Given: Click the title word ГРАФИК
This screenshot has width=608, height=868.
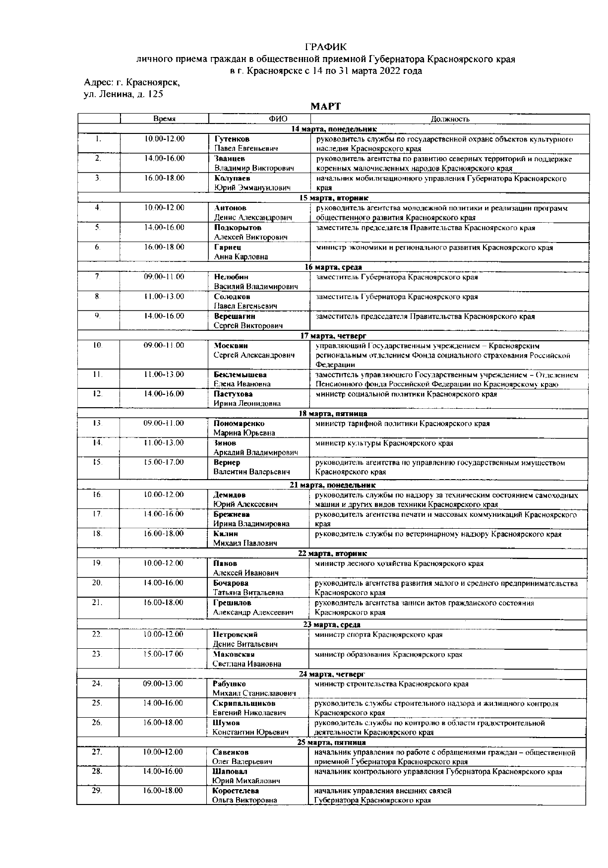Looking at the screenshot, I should [x=325, y=47].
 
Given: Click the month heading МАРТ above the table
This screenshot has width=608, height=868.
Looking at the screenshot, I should [x=325, y=106].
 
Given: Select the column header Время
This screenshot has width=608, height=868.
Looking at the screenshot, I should [x=164, y=119].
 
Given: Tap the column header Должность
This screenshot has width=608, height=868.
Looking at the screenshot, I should [x=450, y=119].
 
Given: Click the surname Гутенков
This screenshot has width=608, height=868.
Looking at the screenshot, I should [x=232, y=139].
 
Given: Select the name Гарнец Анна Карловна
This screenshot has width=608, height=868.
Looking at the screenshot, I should [x=241, y=252].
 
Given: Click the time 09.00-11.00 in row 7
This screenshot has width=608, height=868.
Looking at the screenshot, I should [x=164, y=277].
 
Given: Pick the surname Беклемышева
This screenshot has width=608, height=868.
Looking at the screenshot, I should [x=240, y=375].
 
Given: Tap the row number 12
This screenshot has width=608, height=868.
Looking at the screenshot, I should [x=98, y=394].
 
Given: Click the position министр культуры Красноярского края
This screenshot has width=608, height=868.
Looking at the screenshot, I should [x=384, y=443].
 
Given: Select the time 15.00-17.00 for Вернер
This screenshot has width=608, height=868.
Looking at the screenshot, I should [x=164, y=462].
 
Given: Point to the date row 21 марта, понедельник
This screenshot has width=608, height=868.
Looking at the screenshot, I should [x=332, y=485].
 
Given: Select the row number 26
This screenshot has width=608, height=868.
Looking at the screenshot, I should [x=97, y=723].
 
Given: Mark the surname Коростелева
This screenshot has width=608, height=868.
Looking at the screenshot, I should [x=236, y=791].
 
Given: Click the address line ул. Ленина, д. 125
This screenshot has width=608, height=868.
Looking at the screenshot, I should [x=123, y=94].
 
